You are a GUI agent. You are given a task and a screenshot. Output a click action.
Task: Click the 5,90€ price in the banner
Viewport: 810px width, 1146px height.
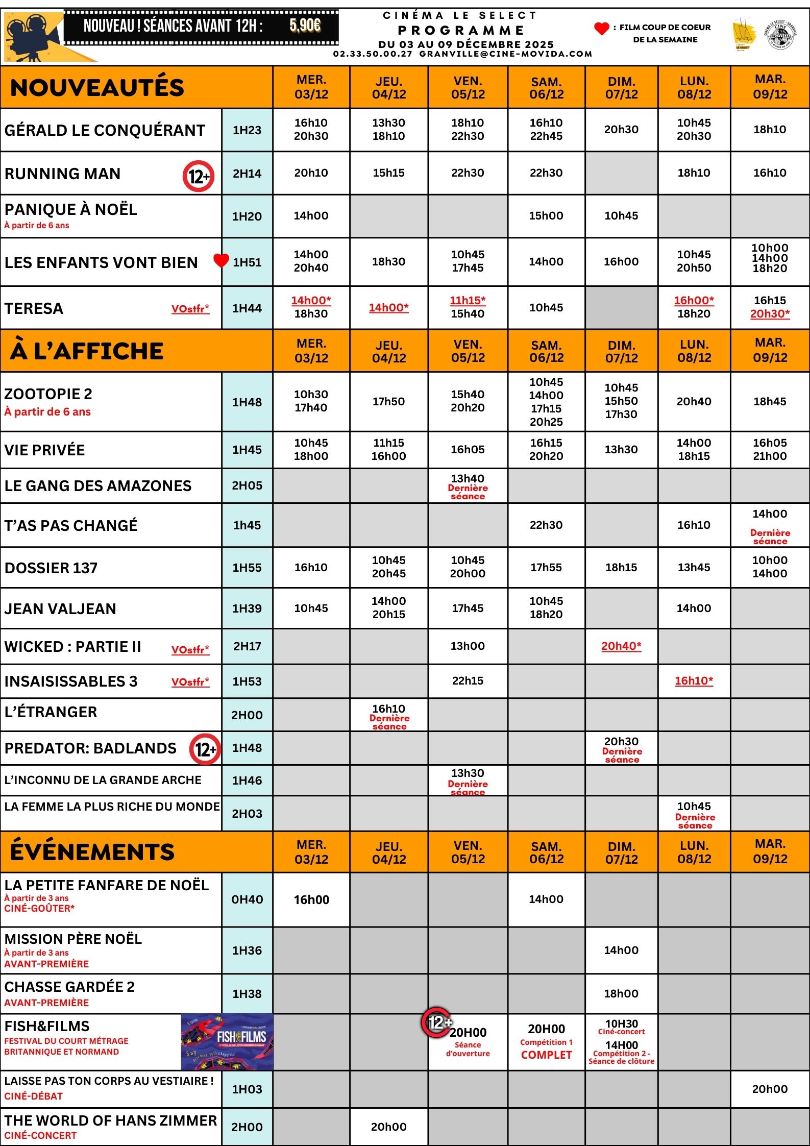point(305,25)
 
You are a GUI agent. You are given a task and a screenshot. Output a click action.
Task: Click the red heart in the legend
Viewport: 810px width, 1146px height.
point(602,29)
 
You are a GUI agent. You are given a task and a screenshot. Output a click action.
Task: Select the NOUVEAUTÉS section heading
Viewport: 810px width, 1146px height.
point(97,87)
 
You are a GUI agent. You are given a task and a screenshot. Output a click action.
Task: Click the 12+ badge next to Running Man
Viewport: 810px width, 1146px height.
point(199,176)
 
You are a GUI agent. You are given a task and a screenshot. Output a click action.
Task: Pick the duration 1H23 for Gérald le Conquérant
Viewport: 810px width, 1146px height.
point(247,130)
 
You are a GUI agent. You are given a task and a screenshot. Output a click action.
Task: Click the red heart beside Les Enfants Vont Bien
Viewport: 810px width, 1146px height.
point(221,260)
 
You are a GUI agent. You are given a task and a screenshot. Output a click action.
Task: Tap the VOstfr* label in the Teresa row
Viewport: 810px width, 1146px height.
point(190,309)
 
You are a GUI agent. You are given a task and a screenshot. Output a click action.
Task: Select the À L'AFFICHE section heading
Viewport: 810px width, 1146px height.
point(87,351)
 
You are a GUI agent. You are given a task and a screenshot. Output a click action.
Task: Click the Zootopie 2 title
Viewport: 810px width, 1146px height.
point(48,394)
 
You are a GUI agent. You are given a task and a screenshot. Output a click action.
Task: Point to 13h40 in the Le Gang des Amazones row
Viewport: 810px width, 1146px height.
point(468,478)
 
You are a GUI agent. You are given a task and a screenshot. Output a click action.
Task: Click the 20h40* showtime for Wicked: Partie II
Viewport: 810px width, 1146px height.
point(621,646)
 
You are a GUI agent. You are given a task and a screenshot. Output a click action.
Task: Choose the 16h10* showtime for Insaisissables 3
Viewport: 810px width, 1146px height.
point(694,680)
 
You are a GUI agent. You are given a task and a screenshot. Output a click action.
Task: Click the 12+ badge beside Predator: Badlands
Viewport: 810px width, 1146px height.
point(205,749)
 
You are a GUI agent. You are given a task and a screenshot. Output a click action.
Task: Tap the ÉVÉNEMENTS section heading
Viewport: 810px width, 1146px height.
point(92,852)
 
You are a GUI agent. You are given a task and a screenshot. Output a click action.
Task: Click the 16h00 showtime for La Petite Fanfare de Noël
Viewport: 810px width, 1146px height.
point(311,899)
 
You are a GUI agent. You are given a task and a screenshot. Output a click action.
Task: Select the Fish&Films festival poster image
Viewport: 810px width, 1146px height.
point(227,1042)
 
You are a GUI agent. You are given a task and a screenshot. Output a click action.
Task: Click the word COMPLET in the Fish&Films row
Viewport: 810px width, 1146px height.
point(546,1055)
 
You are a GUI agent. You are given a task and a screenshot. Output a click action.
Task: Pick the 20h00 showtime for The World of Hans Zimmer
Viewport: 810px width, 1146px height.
point(388,1127)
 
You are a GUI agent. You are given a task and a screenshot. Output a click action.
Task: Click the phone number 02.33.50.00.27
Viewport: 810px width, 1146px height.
point(373,54)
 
